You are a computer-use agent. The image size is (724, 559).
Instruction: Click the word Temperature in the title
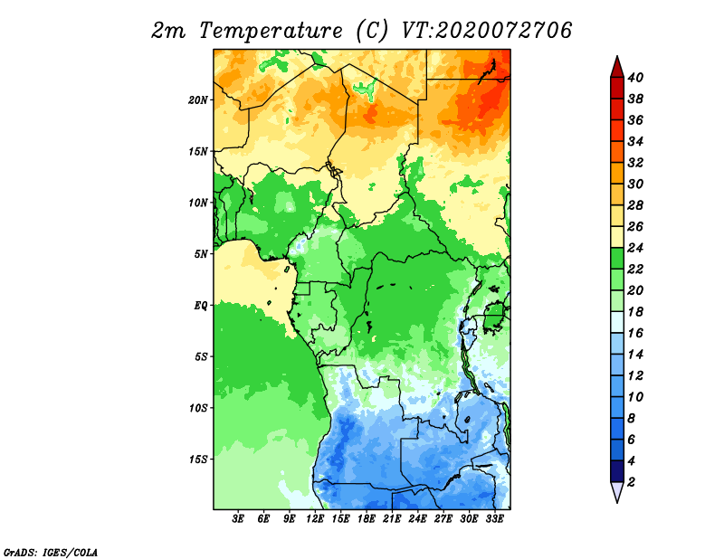[x=271, y=31]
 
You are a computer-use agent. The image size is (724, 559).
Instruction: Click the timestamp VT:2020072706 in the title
[x=487, y=31]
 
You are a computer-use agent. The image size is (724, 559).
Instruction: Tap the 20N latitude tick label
[x=198, y=100]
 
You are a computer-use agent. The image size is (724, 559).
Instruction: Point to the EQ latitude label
[x=201, y=306]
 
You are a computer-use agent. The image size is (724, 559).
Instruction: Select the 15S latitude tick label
[x=198, y=460]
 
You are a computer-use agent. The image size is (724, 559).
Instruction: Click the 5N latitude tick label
[x=201, y=254]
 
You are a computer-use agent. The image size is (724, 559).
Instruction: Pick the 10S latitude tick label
[x=198, y=408]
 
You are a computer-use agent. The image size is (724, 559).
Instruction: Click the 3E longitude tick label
[x=238, y=519]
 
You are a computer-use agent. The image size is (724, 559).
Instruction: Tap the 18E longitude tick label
[x=367, y=519]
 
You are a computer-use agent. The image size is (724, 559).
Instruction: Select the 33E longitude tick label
[x=494, y=519]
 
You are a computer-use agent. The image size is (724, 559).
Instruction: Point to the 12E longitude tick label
[x=315, y=519]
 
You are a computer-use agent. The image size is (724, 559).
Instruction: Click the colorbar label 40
[x=635, y=78]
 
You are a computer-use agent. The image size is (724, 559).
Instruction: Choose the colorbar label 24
[x=635, y=248]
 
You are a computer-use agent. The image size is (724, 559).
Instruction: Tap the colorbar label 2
[x=631, y=482]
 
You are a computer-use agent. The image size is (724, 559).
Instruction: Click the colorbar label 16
[x=635, y=333]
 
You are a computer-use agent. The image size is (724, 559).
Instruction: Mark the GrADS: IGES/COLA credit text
[x=51, y=552]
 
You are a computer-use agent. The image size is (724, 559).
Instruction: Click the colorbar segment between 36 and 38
[x=617, y=109]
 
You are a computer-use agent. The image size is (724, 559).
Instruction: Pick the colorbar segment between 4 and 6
[x=617, y=450]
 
